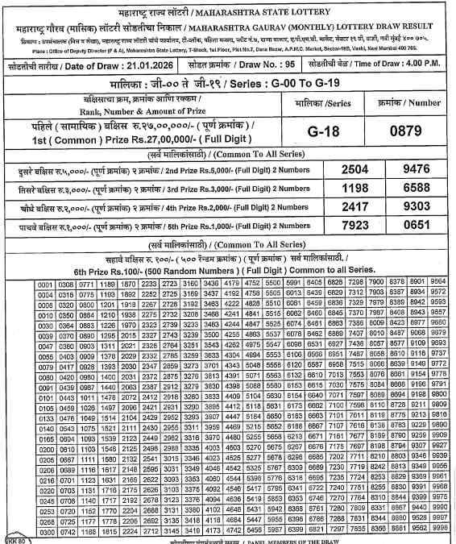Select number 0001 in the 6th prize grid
[x=44, y=283]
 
